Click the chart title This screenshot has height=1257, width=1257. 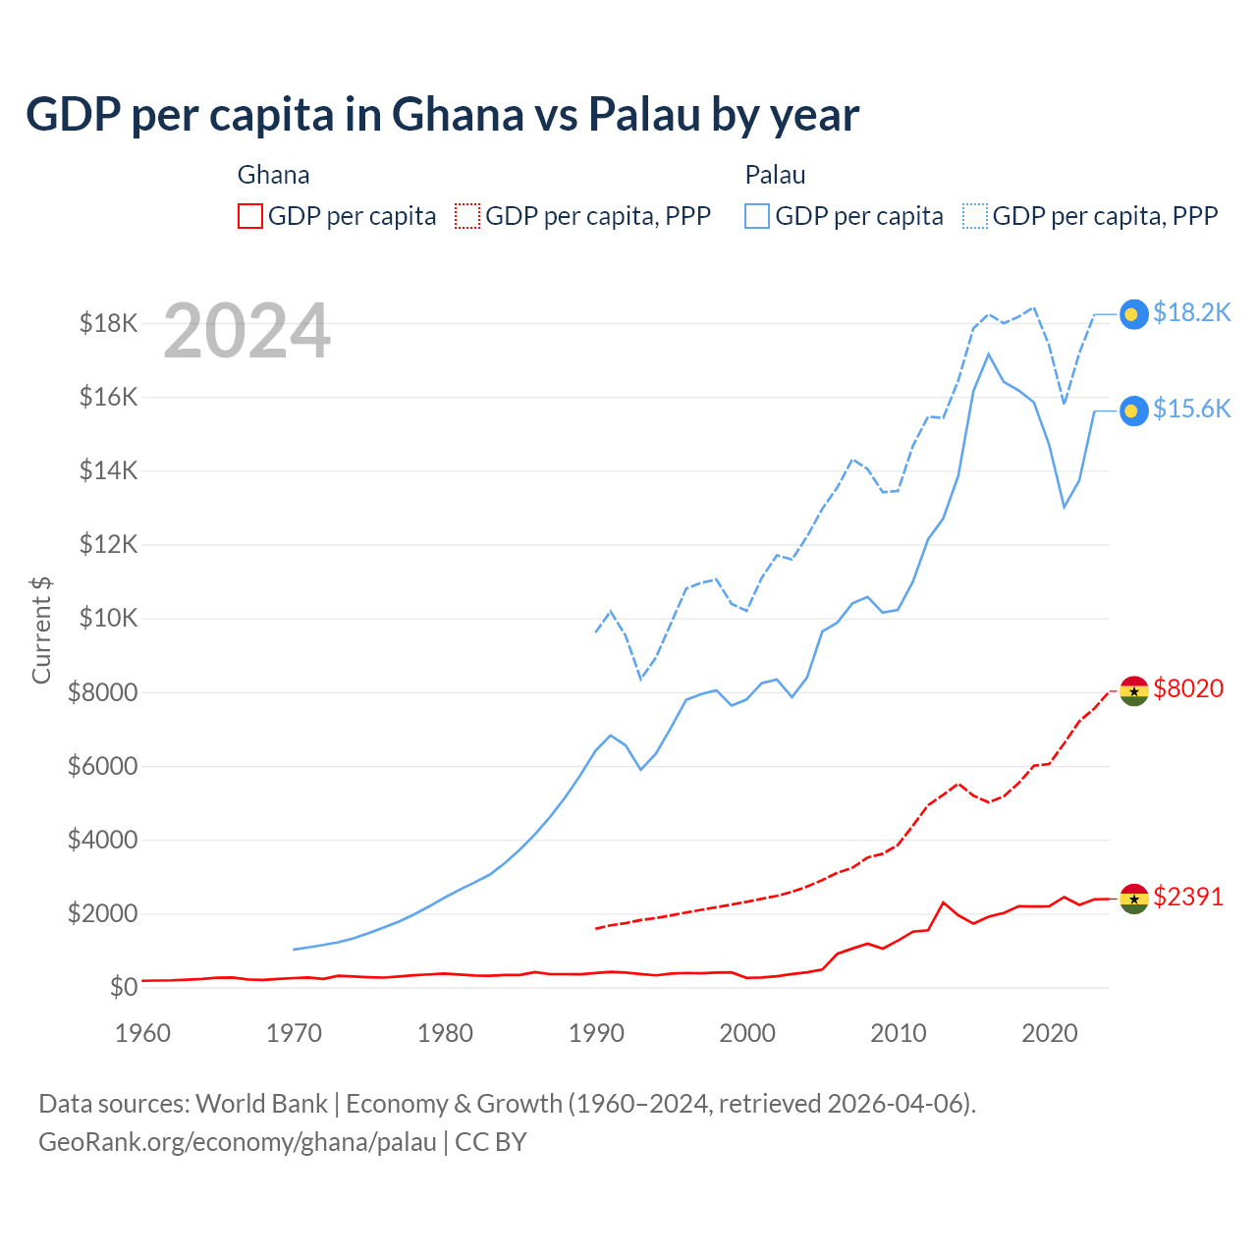point(442,115)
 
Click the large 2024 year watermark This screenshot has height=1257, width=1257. point(246,331)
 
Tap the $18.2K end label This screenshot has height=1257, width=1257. point(1191,312)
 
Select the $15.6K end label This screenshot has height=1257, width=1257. point(1191,409)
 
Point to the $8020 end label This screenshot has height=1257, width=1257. point(1188,688)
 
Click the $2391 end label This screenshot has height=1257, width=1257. point(1188,897)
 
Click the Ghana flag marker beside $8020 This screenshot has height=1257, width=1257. point(1134,691)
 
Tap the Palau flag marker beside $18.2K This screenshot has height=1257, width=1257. point(1134,313)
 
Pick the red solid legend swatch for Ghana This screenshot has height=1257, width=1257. point(250,216)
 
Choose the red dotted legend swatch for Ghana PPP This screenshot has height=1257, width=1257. point(467,216)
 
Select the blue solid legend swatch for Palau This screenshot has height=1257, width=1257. point(757,216)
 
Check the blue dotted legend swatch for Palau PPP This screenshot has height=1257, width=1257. point(975,216)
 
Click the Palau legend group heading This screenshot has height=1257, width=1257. point(775,175)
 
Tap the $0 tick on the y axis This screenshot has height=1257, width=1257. point(123,987)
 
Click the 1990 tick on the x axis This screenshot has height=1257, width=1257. point(596,1033)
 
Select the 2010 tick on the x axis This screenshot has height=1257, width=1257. point(899,1033)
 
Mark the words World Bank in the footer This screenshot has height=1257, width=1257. point(261,1104)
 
